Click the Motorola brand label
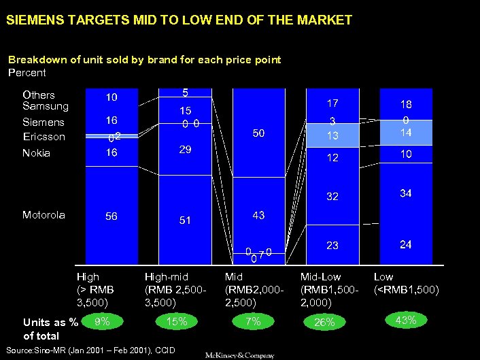[44, 215]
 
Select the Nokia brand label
[36, 153]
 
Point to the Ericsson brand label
[44, 137]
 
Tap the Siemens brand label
[44, 122]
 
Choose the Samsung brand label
[46, 106]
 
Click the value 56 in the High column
[111, 216]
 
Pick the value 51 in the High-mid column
[185, 220]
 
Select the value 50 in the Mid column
[259, 134]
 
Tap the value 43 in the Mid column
[258, 214]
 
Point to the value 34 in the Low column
[406, 194]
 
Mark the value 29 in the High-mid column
[185, 149]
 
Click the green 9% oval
[103, 321]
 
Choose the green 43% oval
[406, 320]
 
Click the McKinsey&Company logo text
[240, 355]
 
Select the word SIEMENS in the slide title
[32, 20]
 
